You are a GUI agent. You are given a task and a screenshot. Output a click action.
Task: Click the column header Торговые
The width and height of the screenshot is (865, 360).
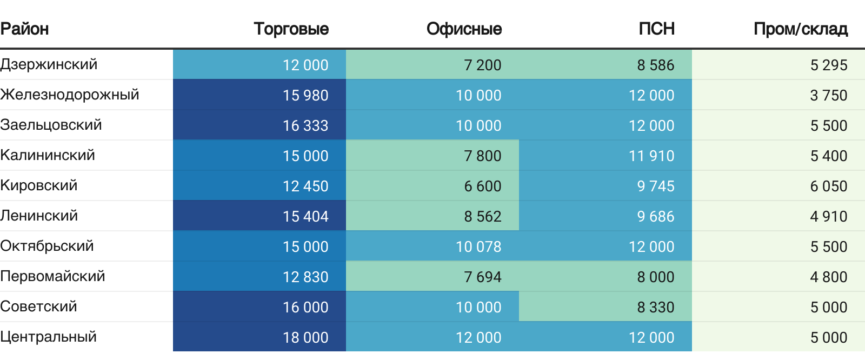pyautogui.click(x=291, y=29)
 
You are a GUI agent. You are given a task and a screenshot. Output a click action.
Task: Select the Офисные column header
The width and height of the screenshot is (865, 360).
pyautogui.click(x=464, y=29)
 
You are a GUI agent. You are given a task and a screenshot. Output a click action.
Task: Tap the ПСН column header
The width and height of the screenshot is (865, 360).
pyautogui.click(x=656, y=29)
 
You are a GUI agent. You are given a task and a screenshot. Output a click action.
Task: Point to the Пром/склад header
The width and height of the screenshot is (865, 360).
pyautogui.click(x=800, y=29)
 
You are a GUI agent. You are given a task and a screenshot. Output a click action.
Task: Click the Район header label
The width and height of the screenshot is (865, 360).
pyautogui.click(x=24, y=29)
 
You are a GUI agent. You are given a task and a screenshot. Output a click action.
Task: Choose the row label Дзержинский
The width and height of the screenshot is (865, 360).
pyautogui.click(x=49, y=64)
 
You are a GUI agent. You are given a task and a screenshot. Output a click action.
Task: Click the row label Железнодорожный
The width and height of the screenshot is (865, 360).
pyautogui.click(x=70, y=95)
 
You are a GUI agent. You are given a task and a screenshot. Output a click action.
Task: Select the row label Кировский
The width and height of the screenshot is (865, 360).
pyautogui.click(x=39, y=185)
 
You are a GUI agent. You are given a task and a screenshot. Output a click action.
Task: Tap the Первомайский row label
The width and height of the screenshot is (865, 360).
pyautogui.click(x=52, y=276)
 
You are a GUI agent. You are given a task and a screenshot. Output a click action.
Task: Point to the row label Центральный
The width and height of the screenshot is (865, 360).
pyautogui.click(x=49, y=337)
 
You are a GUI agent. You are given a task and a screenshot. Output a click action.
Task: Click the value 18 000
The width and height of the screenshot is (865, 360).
pyautogui.click(x=305, y=337)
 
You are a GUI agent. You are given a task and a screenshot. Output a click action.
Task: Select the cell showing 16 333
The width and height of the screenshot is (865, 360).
pyautogui.click(x=305, y=125)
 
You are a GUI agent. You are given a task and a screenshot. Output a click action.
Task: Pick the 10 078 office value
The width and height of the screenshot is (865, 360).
pyautogui.click(x=478, y=246)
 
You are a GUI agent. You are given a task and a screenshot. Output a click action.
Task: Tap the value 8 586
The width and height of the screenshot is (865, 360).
pyautogui.click(x=655, y=65)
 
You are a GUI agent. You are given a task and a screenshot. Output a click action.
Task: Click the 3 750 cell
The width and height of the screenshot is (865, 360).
pyautogui.click(x=828, y=95)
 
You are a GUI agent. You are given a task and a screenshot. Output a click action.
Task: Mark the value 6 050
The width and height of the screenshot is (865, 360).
pyautogui.click(x=828, y=186)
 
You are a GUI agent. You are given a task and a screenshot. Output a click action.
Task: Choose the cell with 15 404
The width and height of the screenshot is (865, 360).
pyautogui.click(x=305, y=216)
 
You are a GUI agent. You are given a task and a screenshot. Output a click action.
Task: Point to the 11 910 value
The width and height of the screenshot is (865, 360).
pyautogui.click(x=651, y=156)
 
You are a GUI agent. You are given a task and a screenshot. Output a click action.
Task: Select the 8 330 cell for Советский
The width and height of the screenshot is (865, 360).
pyautogui.click(x=655, y=307)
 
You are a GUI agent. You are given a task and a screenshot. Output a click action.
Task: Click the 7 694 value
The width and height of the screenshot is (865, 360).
pyautogui.click(x=482, y=277)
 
